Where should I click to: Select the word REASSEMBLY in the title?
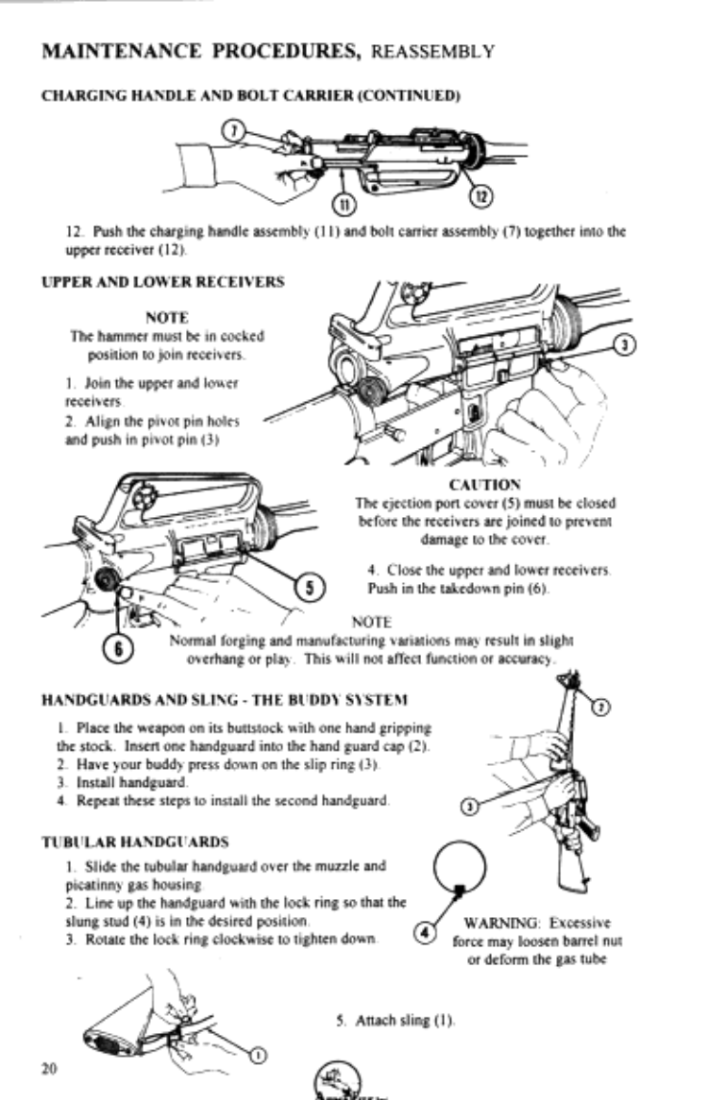[x=433, y=52]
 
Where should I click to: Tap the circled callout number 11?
[x=345, y=205]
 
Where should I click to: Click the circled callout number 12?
[x=481, y=197]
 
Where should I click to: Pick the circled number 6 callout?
[x=119, y=649]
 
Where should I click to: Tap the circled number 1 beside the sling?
[x=259, y=1055]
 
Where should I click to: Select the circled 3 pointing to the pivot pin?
[x=626, y=344]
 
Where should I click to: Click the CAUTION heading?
[x=485, y=485]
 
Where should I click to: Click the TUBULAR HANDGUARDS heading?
[x=135, y=842]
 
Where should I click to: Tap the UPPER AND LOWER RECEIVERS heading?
[x=163, y=282]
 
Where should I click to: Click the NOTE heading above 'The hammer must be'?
[x=167, y=318]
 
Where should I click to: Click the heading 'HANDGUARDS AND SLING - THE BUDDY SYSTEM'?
[x=225, y=700]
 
